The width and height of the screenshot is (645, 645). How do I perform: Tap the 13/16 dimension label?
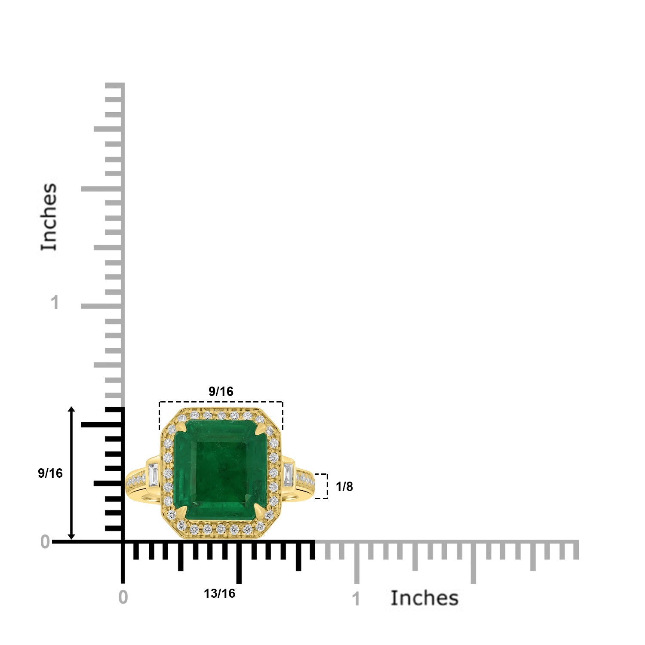tap(219, 593)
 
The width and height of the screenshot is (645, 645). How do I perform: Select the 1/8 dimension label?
tap(344, 486)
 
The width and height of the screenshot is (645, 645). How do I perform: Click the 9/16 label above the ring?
tap(221, 391)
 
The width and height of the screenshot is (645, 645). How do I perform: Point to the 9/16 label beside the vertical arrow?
tap(50, 473)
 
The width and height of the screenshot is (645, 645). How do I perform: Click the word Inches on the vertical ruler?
tap(49, 217)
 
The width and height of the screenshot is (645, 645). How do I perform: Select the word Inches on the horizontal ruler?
tap(424, 598)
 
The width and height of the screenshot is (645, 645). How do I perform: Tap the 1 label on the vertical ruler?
tap(55, 303)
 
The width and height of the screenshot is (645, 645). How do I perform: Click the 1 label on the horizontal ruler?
tap(356, 599)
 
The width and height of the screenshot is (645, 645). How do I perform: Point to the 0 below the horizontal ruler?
tap(123, 597)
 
